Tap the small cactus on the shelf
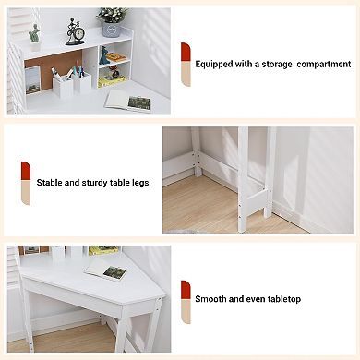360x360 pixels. [34, 34]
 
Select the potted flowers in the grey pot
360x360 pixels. [113, 16]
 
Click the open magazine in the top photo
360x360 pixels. [127, 102]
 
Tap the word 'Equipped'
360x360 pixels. [218, 65]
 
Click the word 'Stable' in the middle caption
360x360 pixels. [51, 182]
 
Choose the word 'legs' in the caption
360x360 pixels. [139, 182]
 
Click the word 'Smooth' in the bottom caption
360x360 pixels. [213, 299]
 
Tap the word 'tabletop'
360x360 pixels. [282, 299]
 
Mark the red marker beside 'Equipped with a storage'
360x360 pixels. [186, 52]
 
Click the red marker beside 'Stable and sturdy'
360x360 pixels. [26, 172]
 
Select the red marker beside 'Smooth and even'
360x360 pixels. [186, 289]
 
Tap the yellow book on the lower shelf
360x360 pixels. [115, 57]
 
